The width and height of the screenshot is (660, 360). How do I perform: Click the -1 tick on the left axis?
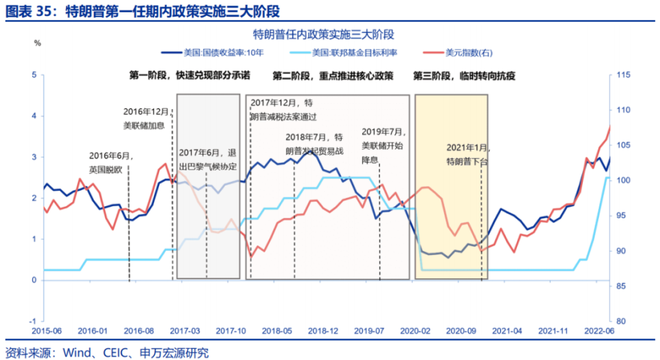tap(32, 321)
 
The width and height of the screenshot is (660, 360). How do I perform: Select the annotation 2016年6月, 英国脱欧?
tap(110, 161)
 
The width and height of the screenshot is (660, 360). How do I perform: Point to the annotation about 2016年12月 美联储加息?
tap(146, 117)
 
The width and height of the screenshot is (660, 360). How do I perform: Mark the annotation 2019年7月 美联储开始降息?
tap(384, 145)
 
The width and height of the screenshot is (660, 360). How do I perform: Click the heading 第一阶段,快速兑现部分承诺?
tap(190, 76)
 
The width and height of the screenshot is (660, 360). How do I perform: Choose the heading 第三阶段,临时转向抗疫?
tap(465, 76)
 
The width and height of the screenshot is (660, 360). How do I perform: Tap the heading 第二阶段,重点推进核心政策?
tap(333, 76)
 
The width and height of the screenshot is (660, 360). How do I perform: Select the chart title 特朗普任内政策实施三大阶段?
tap(328, 34)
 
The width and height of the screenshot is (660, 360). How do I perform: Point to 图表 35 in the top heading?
tap(30, 11)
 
